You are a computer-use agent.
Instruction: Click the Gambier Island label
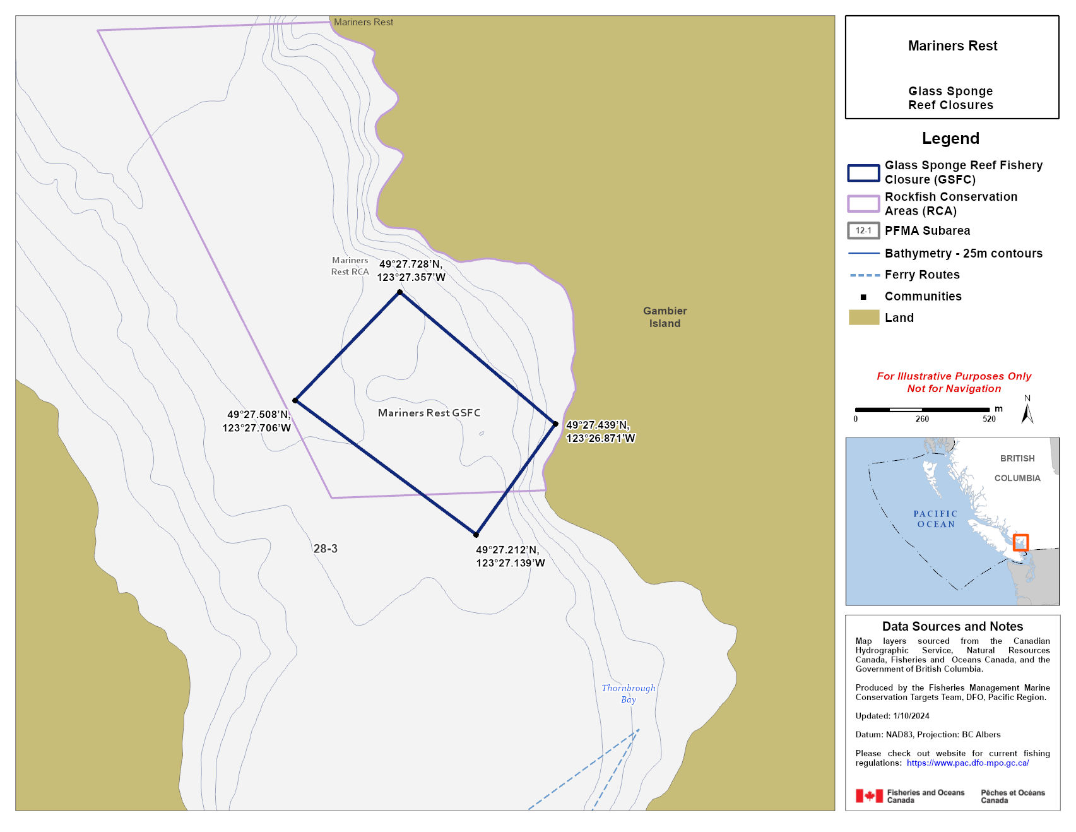pos(665,317)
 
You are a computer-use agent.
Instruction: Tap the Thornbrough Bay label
pos(628,693)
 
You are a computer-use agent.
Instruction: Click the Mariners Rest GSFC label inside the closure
pos(429,413)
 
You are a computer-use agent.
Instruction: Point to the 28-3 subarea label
pos(325,549)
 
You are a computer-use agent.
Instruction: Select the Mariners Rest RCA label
pos(350,266)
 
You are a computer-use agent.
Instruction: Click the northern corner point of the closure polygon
pos(399,292)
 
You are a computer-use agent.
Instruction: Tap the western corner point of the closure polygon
pos(295,400)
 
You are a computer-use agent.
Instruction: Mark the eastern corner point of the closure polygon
pos(555,424)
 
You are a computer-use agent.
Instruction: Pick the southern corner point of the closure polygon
pos(476,535)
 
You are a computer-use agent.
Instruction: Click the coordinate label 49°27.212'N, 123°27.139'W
pos(510,556)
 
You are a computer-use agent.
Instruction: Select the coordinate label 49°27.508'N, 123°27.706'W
pos(257,421)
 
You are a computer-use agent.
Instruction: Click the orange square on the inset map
pos(1020,542)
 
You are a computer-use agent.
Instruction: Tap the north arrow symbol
pos(1027,411)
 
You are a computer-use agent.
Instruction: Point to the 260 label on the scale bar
pos(922,419)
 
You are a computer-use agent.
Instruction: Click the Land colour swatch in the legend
pos(863,318)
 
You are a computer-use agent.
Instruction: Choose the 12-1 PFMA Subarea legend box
pos(863,230)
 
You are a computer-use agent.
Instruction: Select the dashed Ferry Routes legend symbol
pos(864,275)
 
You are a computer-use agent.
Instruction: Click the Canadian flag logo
pos(869,796)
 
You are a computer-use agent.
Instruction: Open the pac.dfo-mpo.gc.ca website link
pos(967,763)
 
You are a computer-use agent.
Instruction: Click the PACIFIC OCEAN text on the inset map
pos(935,519)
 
